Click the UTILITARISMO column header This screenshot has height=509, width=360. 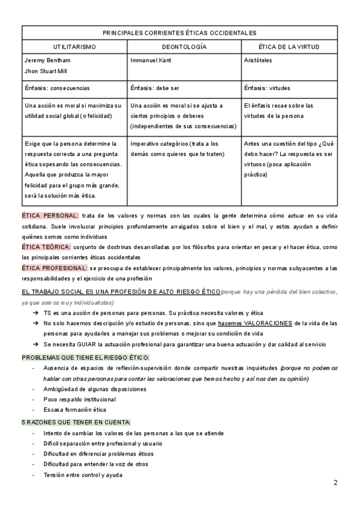coord(74,46)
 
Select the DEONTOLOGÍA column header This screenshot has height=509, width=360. coord(184,46)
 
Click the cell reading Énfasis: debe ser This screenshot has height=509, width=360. coord(154,88)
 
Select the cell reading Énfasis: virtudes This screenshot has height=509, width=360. coord(268,88)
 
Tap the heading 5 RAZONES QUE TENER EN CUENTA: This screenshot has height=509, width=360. coord(76,422)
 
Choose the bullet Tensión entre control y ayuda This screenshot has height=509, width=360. coord(83,475)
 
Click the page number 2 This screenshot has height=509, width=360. coord(335,483)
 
